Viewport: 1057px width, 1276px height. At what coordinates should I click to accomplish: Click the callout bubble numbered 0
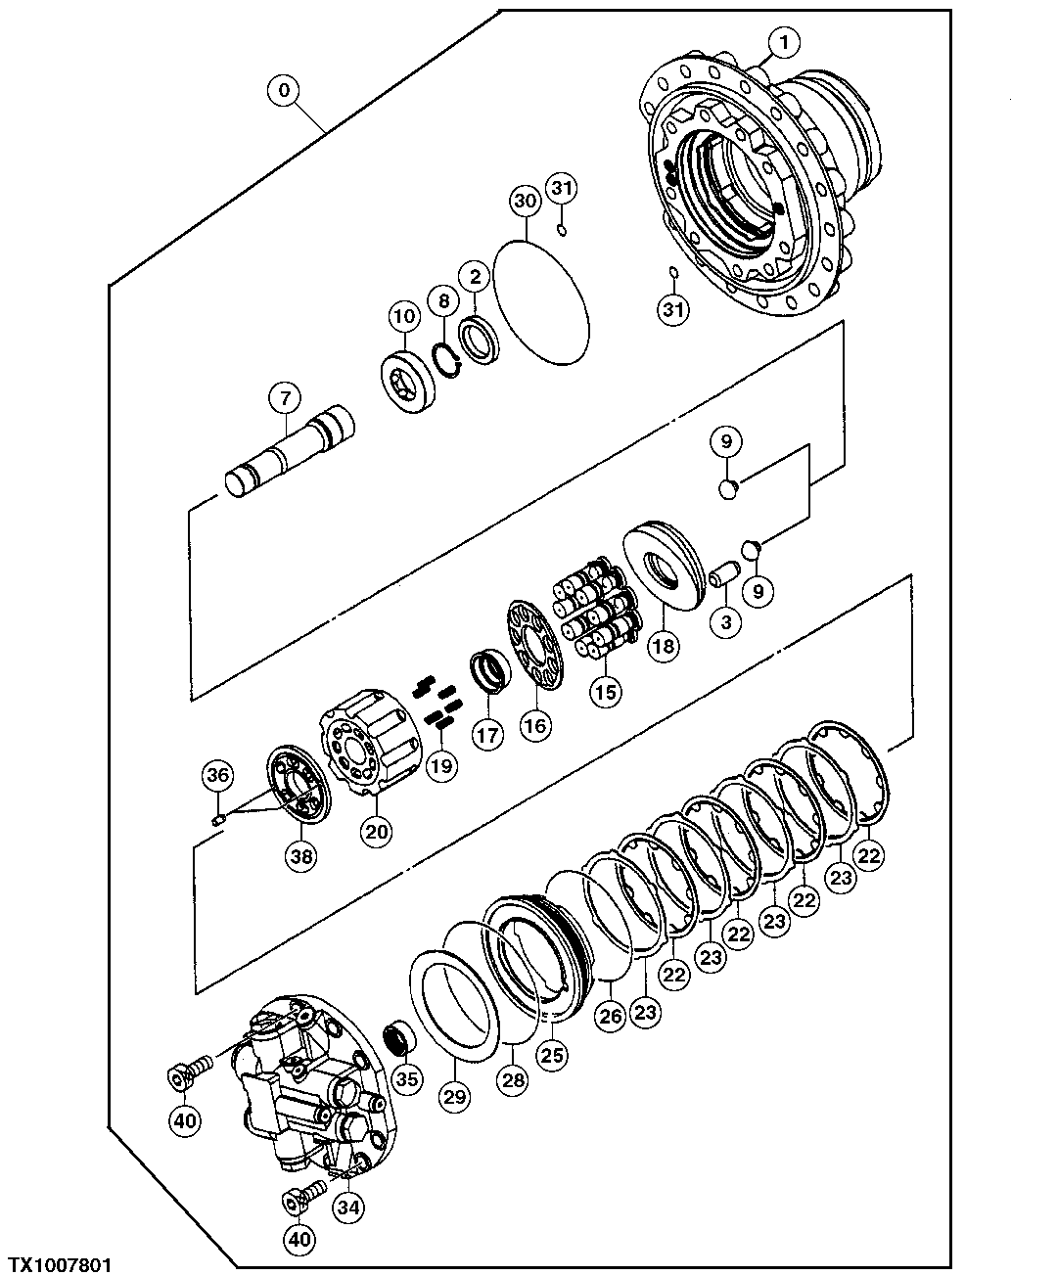point(284,91)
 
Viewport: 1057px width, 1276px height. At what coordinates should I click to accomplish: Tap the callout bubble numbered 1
point(784,41)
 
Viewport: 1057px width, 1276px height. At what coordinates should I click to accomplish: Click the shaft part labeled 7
point(290,455)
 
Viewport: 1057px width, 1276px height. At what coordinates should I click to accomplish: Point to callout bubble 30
point(525,202)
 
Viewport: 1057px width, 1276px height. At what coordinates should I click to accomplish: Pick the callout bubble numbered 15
point(605,691)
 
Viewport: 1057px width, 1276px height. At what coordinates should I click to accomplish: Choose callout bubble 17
point(486,734)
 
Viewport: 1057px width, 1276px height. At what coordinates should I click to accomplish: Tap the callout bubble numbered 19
point(441,765)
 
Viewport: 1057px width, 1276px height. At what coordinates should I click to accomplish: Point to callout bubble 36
point(217,776)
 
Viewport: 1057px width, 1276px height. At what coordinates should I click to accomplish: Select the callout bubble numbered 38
point(301,856)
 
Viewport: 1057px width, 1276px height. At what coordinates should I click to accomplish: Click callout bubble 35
point(406,1079)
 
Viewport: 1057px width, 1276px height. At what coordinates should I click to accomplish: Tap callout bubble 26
point(611,1016)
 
